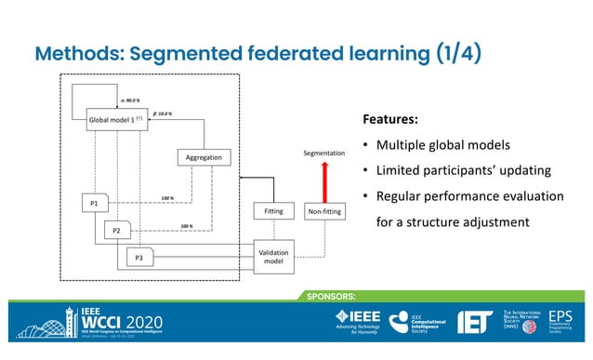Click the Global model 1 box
pyautogui.click(x=114, y=120)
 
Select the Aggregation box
pyautogui.click(x=204, y=157)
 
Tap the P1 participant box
pyautogui.click(x=94, y=204)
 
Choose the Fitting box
pyautogui.click(x=273, y=212)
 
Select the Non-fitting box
pyautogui.click(x=325, y=212)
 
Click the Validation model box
pyautogui.click(x=273, y=257)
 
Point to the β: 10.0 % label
pyautogui.click(x=162, y=113)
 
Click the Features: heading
pyautogui.click(x=390, y=121)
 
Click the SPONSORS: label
pyautogui.click(x=324, y=296)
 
